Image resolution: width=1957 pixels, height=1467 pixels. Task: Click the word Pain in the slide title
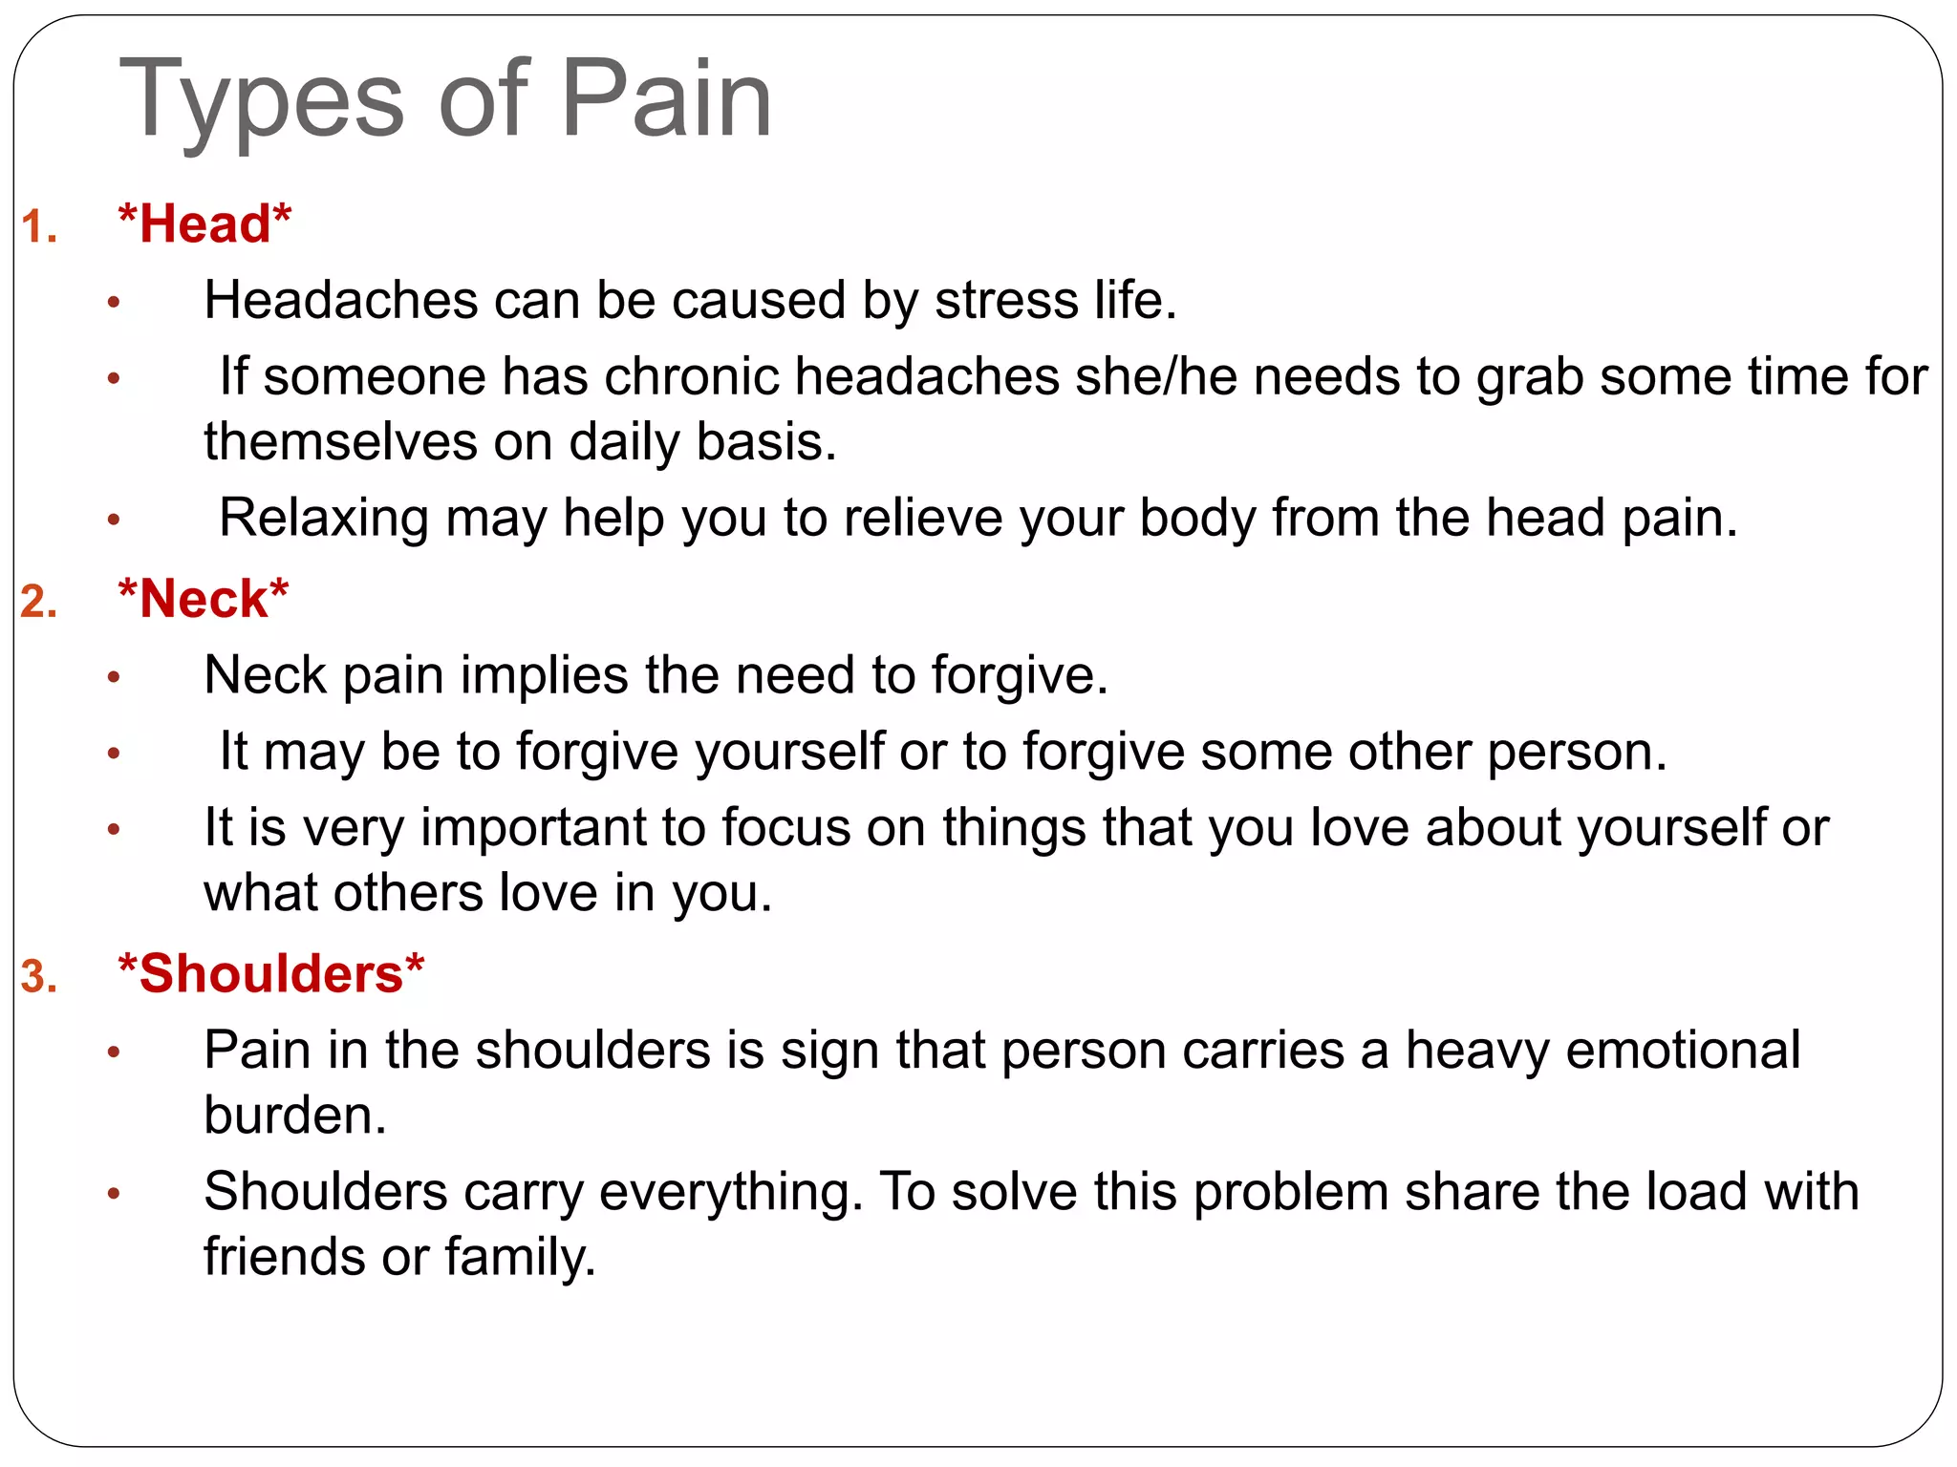click(x=666, y=99)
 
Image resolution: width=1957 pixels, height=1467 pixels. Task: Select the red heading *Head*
click(x=204, y=224)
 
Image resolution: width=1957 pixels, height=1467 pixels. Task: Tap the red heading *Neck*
click(x=203, y=599)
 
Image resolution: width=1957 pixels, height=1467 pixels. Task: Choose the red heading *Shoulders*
click(x=270, y=974)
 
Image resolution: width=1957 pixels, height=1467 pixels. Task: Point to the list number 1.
click(x=39, y=228)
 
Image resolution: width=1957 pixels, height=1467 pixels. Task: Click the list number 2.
click(x=39, y=603)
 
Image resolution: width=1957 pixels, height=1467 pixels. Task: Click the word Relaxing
click(x=324, y=519)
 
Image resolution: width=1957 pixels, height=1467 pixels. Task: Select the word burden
click(x=295, y=1116)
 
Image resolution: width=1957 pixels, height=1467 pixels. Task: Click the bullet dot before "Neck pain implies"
click(x=114, y=678)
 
